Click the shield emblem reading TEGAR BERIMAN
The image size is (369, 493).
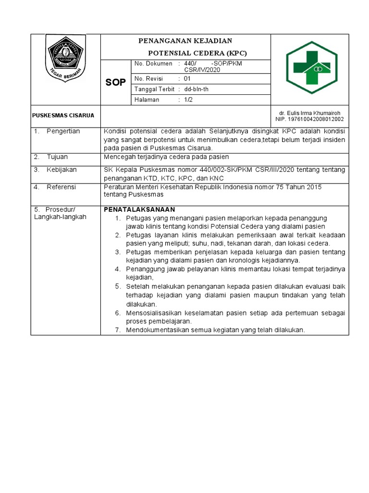click(x=65, y=58)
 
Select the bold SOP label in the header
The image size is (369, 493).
click(x=115, y=83)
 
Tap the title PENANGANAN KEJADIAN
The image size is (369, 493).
click(x=185, y=40)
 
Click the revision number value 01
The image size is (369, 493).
click(x=187, y=78)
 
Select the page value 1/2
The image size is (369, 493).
click(x=188, y=100)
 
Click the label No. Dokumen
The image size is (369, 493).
click(x=153, y=64)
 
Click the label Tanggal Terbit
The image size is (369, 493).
click(x=154, y=89)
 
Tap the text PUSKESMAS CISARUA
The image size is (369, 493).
click(x=63, y=116)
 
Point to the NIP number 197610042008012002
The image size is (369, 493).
click(x=309, y=119)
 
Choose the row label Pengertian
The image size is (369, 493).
click(x=63, y=131)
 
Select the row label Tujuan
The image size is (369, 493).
click(x=57, y=157)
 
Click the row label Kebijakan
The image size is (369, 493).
click(x=61, y=170)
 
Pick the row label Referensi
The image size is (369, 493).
click(x=61, y=187)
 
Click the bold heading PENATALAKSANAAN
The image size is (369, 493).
click(x=140, y=209)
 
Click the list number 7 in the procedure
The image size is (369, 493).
click(x=118, y=330)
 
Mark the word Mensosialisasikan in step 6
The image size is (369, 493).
click(x=155, y=313)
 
